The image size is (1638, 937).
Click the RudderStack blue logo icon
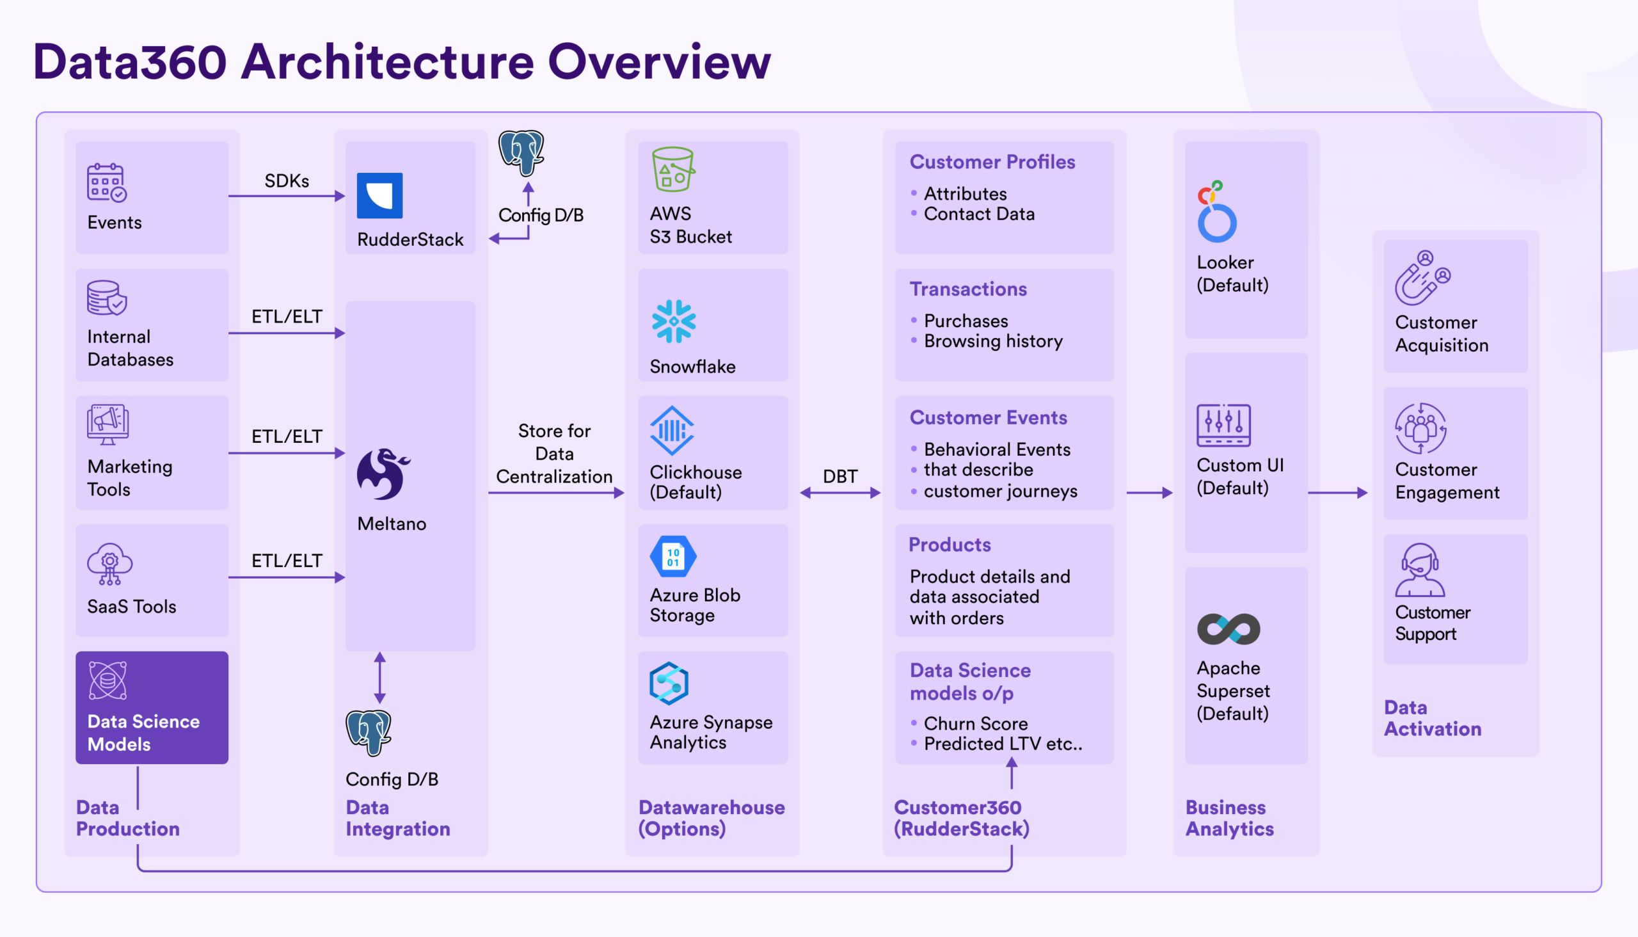[x=379, y=196]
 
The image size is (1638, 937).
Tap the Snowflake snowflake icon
[x=674, y=321]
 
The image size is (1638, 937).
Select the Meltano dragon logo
[x=383, y=474]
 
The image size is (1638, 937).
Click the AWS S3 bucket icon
[x=673, y=169]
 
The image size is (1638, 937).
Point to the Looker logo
[x=1216, y=212]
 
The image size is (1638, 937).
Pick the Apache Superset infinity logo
[x=1228, y=629]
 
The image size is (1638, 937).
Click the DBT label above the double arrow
[x=840, y=476]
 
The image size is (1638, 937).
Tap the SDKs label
[x=287, y=181]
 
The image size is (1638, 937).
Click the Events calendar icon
[x=107, y=182]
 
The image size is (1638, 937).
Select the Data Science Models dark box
[x=152, y=707]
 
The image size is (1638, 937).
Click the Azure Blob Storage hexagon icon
[x=673, y=557]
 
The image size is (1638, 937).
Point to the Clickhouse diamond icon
[x=672, y=431]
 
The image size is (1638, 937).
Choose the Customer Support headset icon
[x=1419, y=571]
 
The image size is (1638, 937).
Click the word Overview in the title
[x=659, y=62]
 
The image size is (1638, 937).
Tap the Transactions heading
[x=967, y=289]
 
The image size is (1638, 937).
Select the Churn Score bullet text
[x=975, y=723]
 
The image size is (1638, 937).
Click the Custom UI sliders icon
[x=1223, y=426]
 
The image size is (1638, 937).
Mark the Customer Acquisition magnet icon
[x=1422, y=278]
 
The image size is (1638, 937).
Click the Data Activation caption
[x=1432, y=718]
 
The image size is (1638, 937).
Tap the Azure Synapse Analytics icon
[x=669, y=684]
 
